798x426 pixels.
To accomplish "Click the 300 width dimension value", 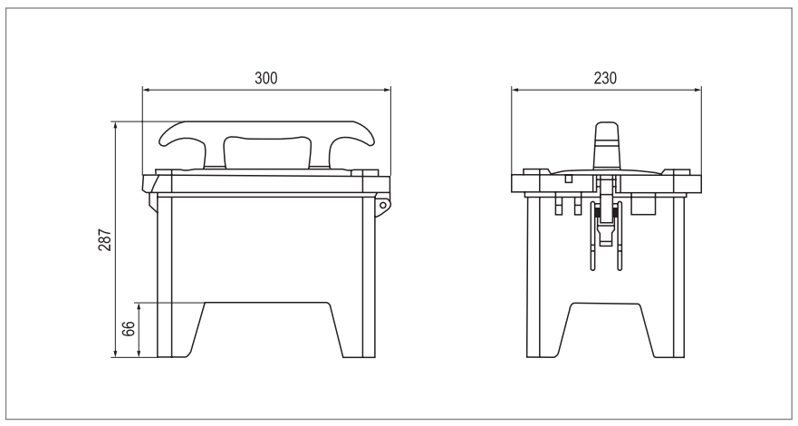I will click(265, 78).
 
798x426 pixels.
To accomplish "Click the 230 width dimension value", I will click(605, 78).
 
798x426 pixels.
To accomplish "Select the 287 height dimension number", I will click(105, 239).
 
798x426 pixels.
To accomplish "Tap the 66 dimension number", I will click(129, 329).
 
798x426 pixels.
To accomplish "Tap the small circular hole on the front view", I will click(384, 206).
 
